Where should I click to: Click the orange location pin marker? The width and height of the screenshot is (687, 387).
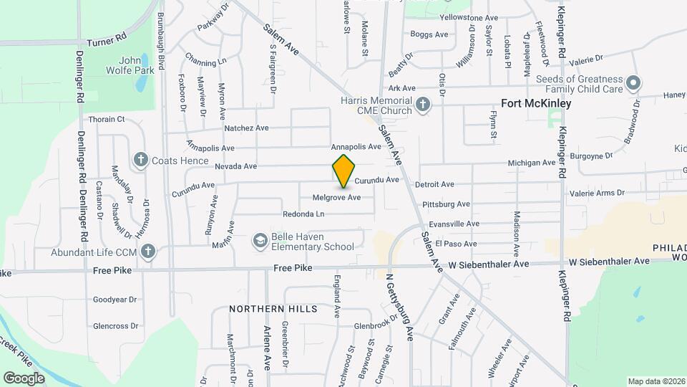point(344,171)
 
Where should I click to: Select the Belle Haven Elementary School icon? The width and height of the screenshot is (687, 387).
point(260,242)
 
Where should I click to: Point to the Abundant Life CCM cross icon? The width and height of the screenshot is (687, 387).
point(148,252)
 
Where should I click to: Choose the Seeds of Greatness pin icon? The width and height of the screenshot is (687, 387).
point(633,84)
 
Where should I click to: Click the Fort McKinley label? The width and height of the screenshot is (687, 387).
point(536,104)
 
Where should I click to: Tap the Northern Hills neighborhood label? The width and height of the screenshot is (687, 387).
point(273,309)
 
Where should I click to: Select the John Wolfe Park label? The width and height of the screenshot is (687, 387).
point(118,66)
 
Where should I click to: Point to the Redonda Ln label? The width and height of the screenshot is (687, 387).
point(303,214)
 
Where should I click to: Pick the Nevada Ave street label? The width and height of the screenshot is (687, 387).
point(235,166)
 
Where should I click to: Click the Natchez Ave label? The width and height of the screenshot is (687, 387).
point(246,128)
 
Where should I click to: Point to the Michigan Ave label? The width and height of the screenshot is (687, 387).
point(532,163)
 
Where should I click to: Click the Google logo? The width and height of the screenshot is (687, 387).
point(24,378)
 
